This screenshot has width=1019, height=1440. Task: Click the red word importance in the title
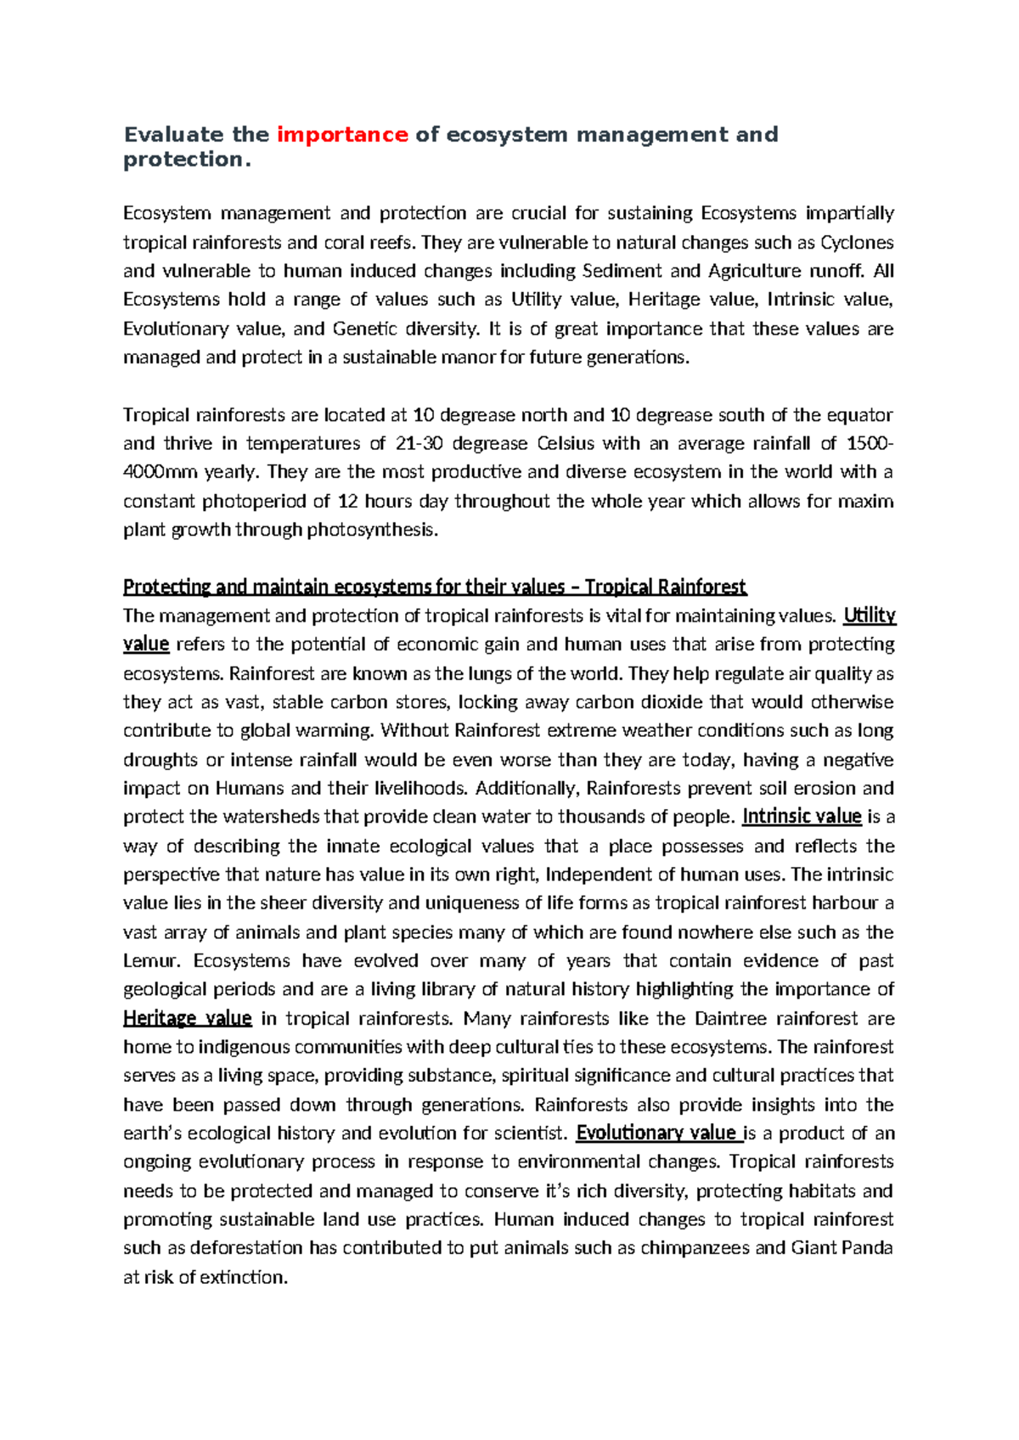pos(342,134)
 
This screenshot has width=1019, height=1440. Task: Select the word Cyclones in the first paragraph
pos(857,243)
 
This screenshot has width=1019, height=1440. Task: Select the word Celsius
pos(566,443)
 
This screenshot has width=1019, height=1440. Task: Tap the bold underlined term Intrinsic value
pos(802,817)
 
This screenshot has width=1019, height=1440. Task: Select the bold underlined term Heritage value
pos(187,1018)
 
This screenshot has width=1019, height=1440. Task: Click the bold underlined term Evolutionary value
pos(656,1133)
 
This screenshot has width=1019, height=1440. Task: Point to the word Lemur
pos(150,961)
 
